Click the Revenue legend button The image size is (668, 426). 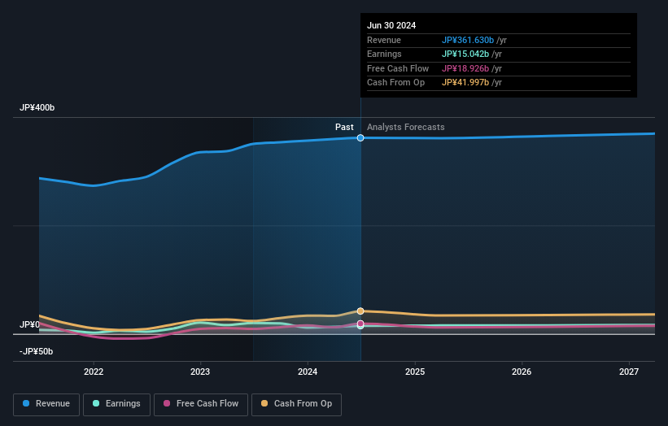(x=46, y=404)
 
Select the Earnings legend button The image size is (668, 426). (x=116, y=404)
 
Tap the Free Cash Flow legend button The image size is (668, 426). (x=200, y=404)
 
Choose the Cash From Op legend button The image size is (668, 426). (x=297, y=404)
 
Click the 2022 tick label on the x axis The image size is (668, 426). (x=94, y=372)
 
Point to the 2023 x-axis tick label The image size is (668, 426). (x=200, y=372)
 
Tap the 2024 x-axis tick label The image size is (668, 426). (x=308, y=372)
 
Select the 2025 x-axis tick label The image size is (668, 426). (x=415, y=372)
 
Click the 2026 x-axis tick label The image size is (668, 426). (x=522, y=372)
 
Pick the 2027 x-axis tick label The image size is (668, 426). (x=629, y=372)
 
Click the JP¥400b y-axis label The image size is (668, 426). (x=37, y=108)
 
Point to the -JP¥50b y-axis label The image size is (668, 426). (x=37, y=351)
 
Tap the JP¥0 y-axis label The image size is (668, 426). (x=30, y=324)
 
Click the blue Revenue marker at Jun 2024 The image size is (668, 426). (x=360, y=138)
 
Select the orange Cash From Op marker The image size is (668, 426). (x=360, y=311)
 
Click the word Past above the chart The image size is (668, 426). (x=344, y=127)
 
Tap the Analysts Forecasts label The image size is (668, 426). (x=406, y=127)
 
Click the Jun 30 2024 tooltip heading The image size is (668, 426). (x=391, y=25)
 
